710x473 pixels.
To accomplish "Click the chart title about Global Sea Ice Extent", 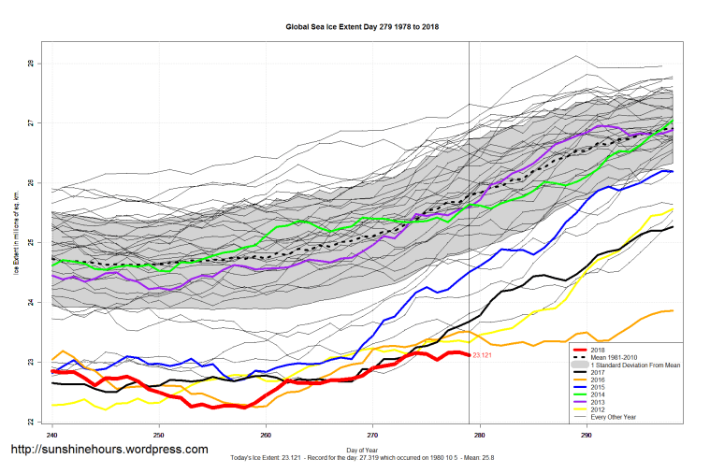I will (362, 27).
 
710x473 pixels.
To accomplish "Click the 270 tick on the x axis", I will (373, 435).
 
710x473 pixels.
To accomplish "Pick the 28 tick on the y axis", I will (31, 64).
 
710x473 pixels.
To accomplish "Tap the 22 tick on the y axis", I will (31, 422).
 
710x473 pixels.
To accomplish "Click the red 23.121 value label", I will (483, 356).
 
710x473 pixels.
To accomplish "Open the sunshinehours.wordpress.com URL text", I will (109, 450).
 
